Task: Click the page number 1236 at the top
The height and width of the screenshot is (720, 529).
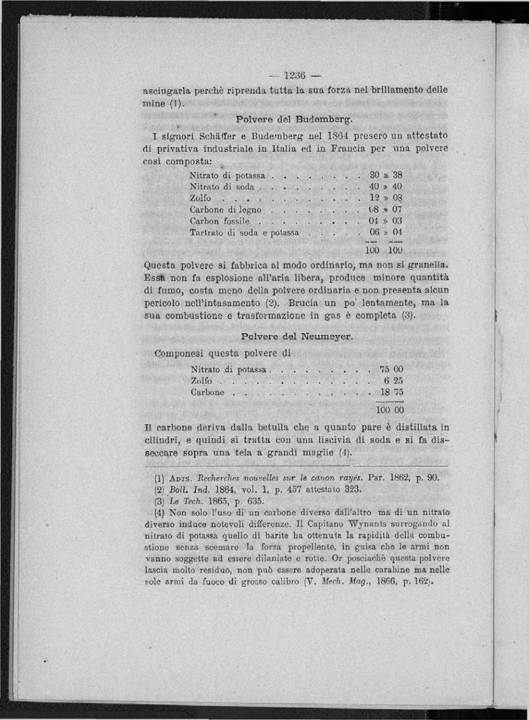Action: point(295,75)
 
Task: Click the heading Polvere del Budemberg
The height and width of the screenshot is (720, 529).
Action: point(295,119)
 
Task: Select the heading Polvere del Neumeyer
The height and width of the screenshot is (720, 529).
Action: point(297,337)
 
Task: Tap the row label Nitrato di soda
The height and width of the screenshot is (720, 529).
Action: point(222,187)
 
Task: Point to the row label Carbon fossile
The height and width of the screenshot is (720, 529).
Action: point(219,221)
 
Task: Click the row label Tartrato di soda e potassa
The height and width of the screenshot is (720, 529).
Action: point(244,233)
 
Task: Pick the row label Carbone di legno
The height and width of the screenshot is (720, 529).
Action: point(225,210)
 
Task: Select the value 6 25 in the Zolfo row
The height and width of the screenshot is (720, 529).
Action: point(393,381)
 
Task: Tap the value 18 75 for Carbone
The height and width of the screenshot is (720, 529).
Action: point(392,392)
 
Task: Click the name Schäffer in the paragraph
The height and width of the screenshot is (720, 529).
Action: point(220,135)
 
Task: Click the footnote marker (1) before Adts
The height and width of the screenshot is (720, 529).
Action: point(160,479)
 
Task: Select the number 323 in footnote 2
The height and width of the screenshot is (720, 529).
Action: point(352,489)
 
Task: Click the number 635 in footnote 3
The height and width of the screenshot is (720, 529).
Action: point(255,501)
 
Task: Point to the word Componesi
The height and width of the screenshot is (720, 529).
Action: point(179,353)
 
